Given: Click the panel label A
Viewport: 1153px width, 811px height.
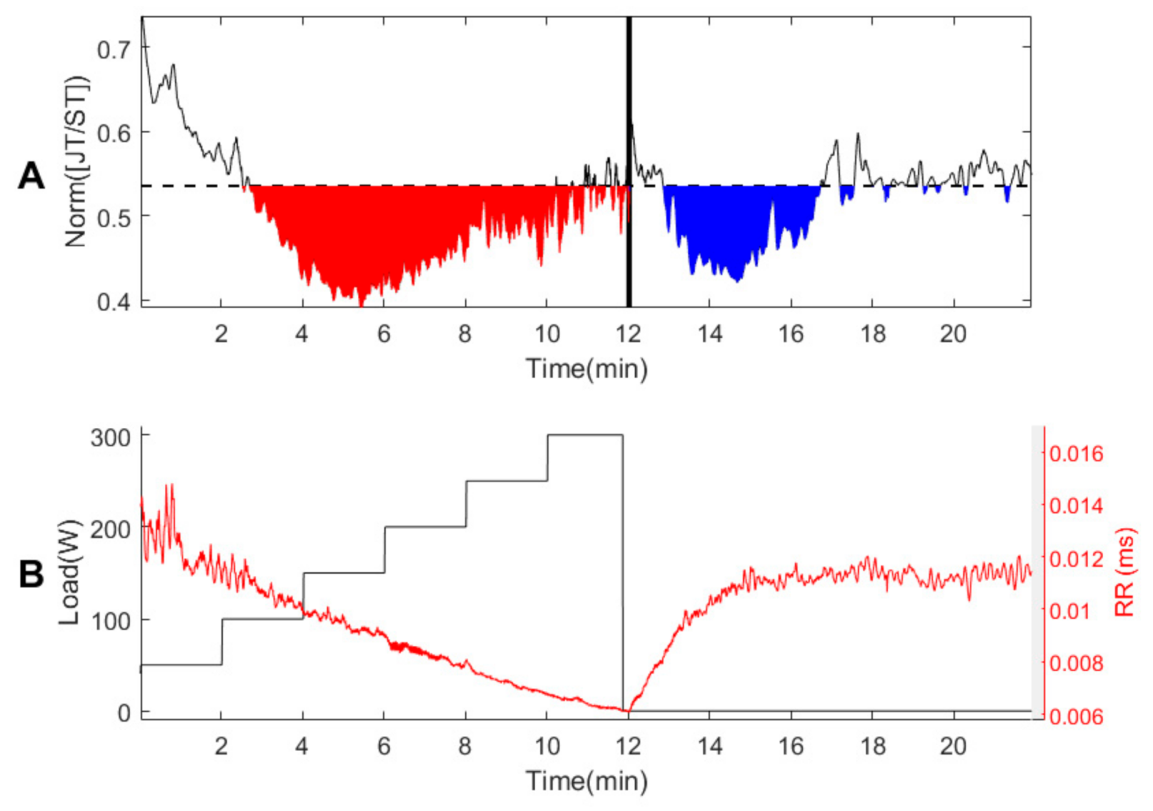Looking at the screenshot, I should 31,177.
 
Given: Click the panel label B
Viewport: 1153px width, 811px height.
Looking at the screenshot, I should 31,574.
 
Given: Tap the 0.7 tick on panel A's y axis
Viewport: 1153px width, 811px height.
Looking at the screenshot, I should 114,49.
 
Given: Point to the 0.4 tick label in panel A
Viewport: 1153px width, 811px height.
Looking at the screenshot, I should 114,302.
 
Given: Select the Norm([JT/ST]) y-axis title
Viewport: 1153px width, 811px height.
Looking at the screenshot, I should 77,161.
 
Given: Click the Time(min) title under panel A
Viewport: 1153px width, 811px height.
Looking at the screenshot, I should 586,369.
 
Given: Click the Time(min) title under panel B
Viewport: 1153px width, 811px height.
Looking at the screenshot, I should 586,781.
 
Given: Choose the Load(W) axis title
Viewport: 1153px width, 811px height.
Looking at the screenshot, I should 70,572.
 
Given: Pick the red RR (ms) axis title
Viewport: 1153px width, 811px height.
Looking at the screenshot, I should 1125,572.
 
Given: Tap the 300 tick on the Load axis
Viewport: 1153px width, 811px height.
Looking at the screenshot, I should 111,437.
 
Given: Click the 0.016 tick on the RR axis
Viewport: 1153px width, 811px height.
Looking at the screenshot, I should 1076,454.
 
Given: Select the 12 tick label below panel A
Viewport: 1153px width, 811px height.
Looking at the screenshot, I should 628,334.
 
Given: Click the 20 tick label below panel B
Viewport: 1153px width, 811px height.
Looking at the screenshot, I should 953,746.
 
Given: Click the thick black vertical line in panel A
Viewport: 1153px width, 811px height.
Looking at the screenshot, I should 629,125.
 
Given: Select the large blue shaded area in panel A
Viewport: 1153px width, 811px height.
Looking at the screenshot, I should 737,225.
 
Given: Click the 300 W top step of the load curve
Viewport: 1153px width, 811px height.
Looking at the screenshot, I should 585,435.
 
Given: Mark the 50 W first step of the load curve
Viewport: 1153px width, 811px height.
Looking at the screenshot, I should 181,665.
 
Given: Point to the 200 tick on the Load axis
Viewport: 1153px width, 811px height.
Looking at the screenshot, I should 111,529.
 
